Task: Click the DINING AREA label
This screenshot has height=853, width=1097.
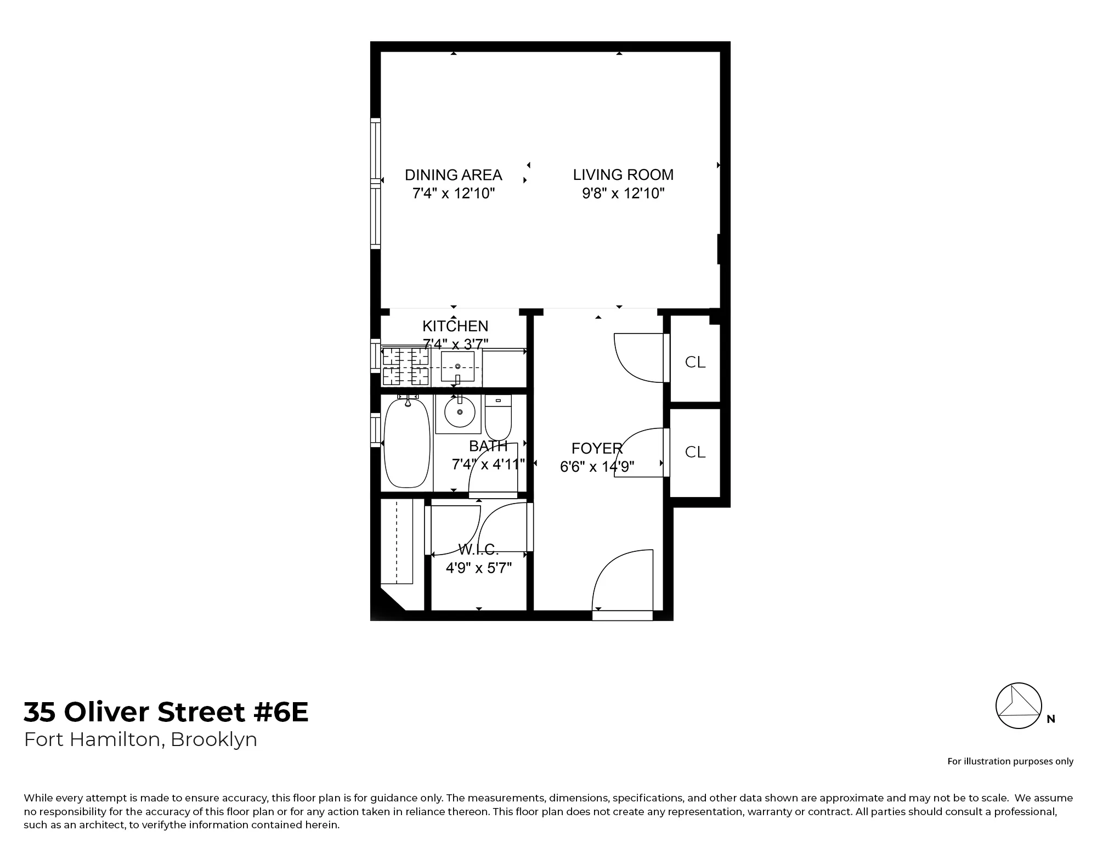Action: point(453,175)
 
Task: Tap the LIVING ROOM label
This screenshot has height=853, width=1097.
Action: point(623,175)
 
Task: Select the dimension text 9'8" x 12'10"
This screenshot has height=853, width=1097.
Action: point(623,193)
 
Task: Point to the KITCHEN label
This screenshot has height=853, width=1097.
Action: point(455,326)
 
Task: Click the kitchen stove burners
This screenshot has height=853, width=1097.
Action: point(405,366)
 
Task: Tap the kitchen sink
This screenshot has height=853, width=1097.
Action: point(457,366)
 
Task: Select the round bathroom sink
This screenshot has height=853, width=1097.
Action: point(459,412)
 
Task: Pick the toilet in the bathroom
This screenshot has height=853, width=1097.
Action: point(498,418)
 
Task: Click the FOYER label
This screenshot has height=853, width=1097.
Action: point(597,449)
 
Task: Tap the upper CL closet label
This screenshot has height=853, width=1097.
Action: point(695,362)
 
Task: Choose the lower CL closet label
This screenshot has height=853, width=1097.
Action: point(695,452)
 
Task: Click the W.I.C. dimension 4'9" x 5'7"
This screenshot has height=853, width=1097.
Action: point(478,568)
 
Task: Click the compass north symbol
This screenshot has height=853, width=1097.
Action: point(1019,706)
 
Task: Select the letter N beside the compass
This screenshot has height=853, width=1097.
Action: point(1051,719)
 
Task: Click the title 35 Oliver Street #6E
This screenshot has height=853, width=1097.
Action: point(166,712)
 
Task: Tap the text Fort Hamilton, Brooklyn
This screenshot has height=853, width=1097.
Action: point(140,739)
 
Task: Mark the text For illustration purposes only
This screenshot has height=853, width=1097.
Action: point(1010,761)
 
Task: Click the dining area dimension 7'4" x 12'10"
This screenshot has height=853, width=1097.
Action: point(454,193)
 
